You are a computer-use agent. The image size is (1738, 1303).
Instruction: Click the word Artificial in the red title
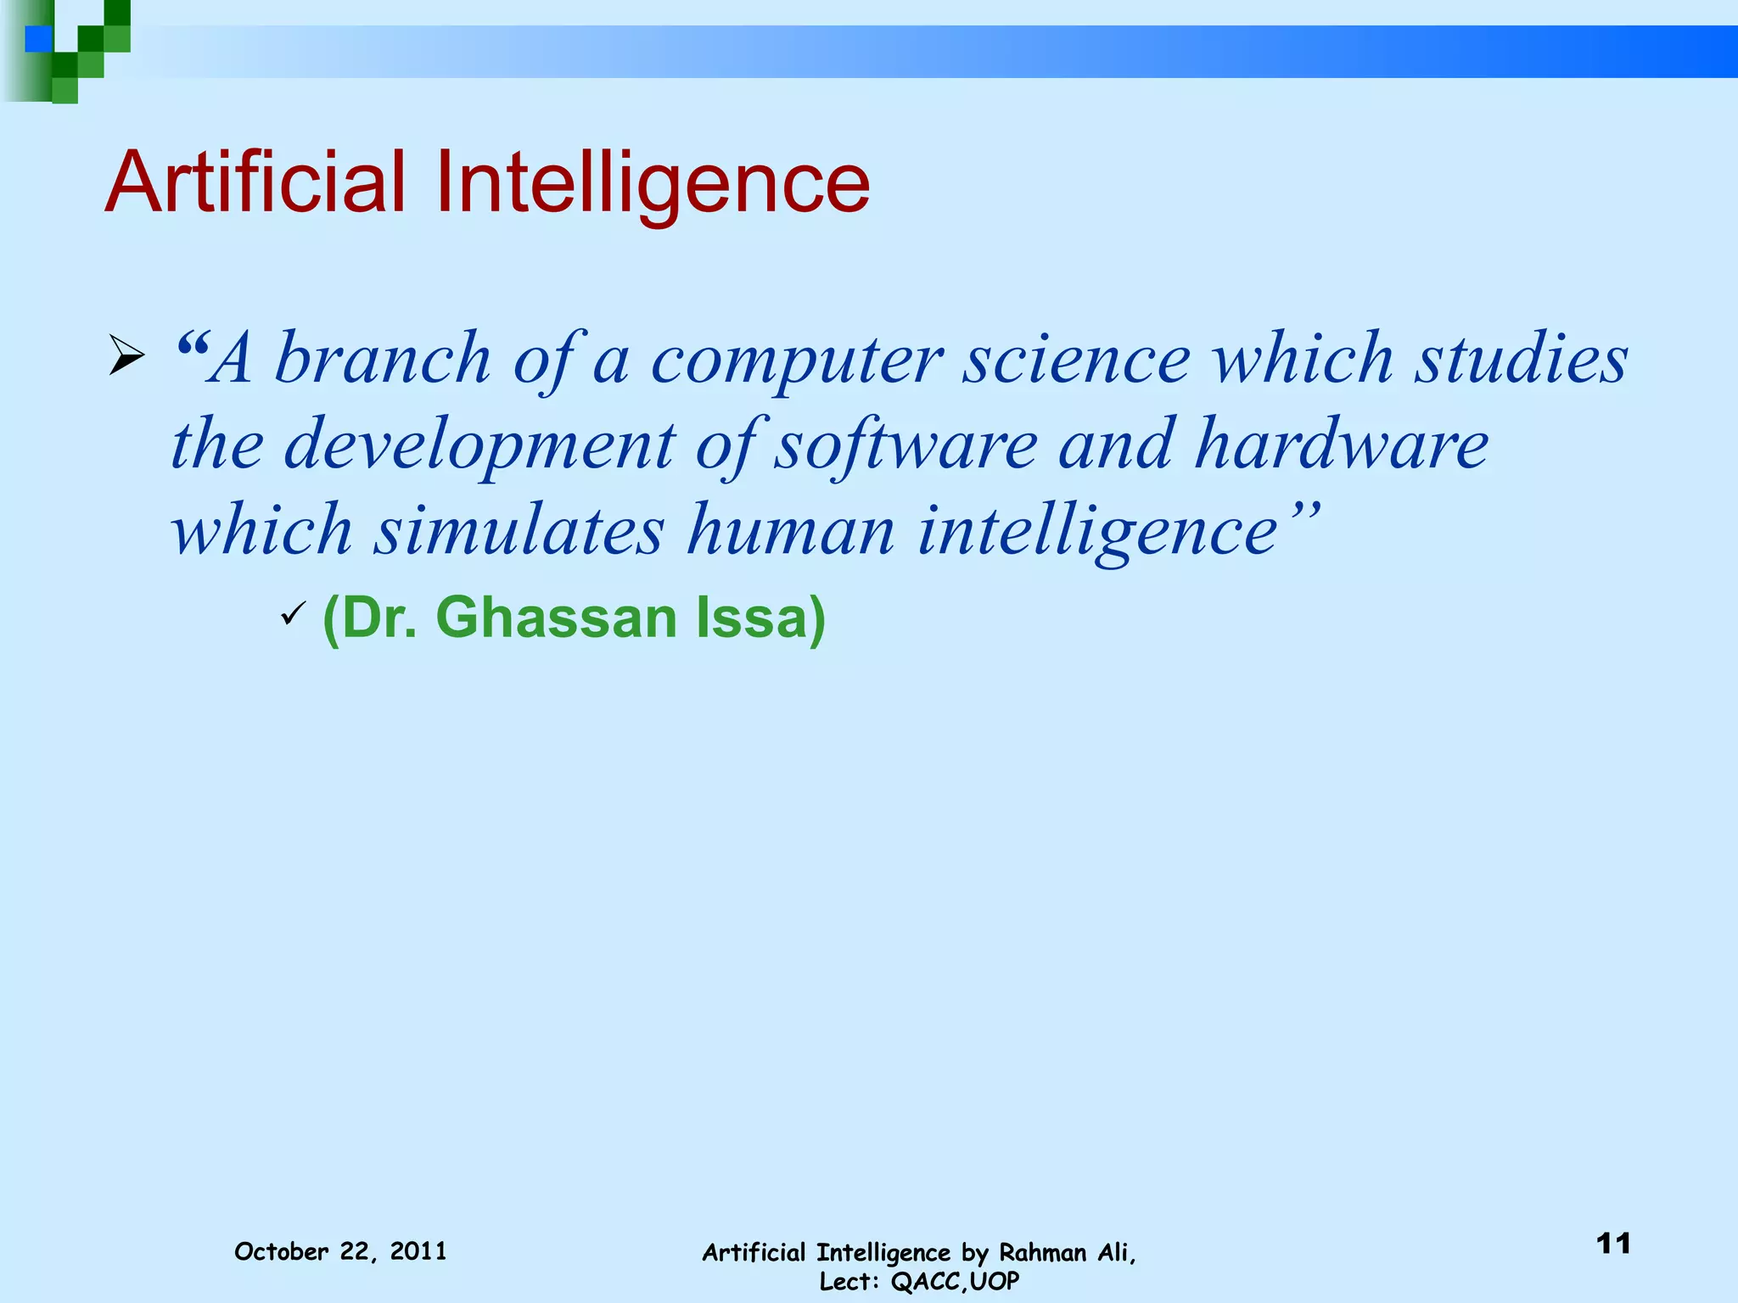point(255,182)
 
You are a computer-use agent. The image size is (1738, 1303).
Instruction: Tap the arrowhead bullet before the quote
point(126,355)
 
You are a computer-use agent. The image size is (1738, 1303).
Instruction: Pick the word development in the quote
point(479,446)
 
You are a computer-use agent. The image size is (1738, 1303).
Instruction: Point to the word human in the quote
point(791,530)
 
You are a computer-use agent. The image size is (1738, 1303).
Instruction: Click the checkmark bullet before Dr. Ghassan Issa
point(292,612)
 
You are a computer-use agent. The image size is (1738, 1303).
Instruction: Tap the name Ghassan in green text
point(556,618)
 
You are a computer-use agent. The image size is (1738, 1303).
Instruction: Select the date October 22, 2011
point(340,1251)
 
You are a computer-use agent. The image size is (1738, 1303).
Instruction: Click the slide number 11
point(1613,1244)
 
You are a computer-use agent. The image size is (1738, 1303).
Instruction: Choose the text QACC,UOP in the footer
point(955,1281)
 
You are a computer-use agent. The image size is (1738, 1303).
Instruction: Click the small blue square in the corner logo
point(38,39)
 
